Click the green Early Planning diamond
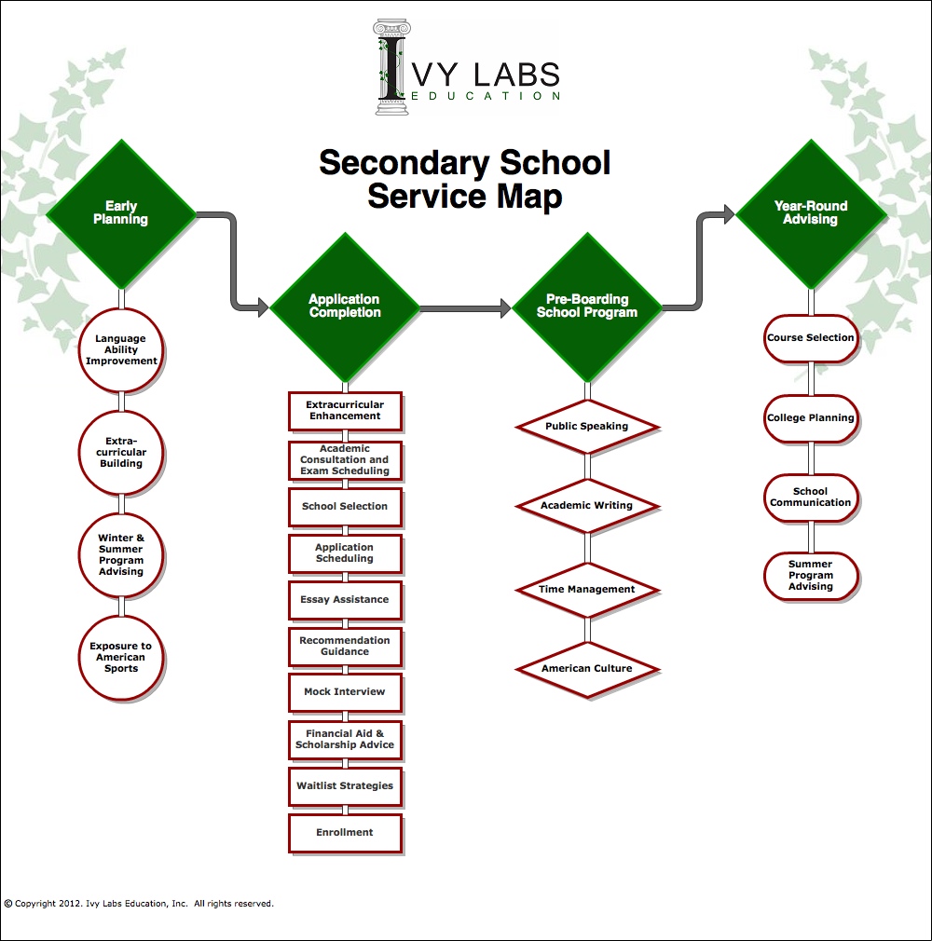pyautogui.click(x=121, y=213)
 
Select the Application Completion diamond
pyautogui.click(x=345, y=307)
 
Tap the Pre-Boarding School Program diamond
pyautogui.click(x=587, y=307)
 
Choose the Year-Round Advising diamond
pyautogui.click(x=811, y=213)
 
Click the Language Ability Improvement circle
pyautogui.click(x=121, y=350)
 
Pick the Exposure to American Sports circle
pyautogui.click(x=121, y=658)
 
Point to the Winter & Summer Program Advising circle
pyautogui.click(x=121, y=555)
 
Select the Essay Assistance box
pyautogui.click(x=345, y=600)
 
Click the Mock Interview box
pyautogui.click(x=345, y=692)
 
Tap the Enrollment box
pyautogui.click(x=345, y=833)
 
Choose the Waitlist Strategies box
pyautogui.click(x=345, y=786)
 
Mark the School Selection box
pyautogui.click(x=345, y=507)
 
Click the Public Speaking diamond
pyautogui.click(x=587, y=427)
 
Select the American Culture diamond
pyautogui.click(x=587, y=669)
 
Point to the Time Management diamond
pyautogui.click(x=587, y=590)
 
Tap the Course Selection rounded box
pyautogui.click(x=811, y=338)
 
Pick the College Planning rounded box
pyautogui.click(x=811, y=418)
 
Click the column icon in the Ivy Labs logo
pyautogui.click(x=392, y=66)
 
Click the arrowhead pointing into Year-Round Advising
pyautogui.click(x=728, y=215)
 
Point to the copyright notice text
pyautogui.click(x=139, y=903)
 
